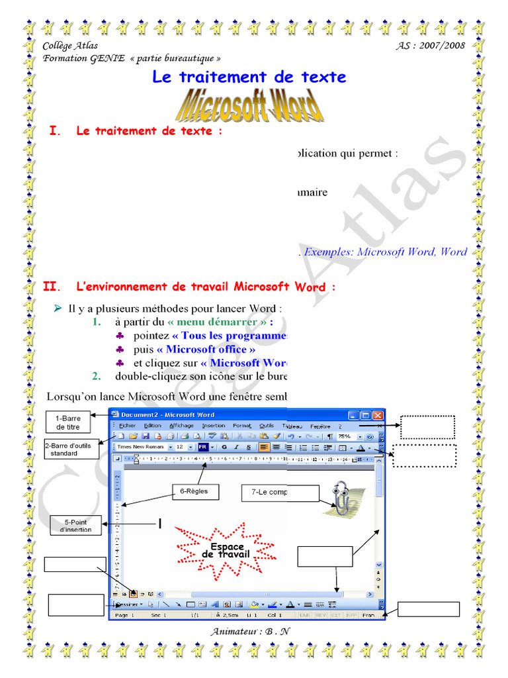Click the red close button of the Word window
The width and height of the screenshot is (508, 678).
[378, 415]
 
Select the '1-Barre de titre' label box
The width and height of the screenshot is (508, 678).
[67, 422]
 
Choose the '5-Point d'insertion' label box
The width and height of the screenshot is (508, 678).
[76, 526]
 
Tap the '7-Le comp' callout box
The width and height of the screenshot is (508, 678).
[280, 492]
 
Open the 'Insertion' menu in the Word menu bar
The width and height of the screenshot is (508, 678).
[214, 426]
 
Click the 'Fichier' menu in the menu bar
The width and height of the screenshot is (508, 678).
[127, 426]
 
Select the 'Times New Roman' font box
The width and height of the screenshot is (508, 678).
[140, 447]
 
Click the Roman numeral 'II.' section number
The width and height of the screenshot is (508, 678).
[52, 287]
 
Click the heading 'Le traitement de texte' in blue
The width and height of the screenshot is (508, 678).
[249, 77]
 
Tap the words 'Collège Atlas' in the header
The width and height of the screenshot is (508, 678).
[70, 46]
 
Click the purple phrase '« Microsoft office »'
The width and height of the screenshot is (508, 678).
[205, 349]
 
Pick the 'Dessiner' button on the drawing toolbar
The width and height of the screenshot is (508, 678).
[128, 604]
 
